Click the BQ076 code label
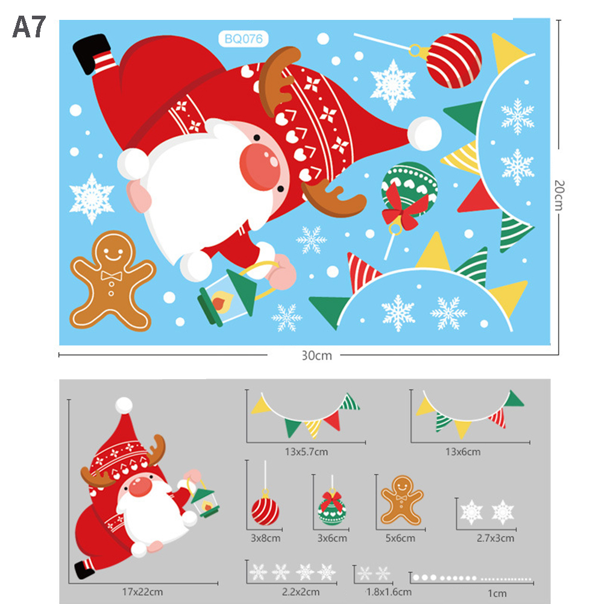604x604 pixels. [x=243, y=39]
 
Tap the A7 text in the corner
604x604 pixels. [x=30, y=27]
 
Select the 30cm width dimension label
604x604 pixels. [x=316, y=355]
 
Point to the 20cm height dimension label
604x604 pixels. [x=559, y=195]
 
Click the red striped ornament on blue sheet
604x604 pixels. [x=453, y=61]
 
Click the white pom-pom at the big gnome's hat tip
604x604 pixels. [x=424, y=133]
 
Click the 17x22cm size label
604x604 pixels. [x=142, y=592]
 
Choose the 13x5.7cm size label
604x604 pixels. [x=306, y=451]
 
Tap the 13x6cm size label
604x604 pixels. [x=463, y=452]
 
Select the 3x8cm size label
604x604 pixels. [x=265, y=538]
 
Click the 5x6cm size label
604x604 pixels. [x=400, y=538]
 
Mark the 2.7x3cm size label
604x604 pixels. [x=495, y=538]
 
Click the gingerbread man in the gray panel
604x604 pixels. [x=402, y=500]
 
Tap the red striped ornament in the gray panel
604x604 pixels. [x=265, y=511]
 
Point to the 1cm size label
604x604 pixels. [x=497, y=594]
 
